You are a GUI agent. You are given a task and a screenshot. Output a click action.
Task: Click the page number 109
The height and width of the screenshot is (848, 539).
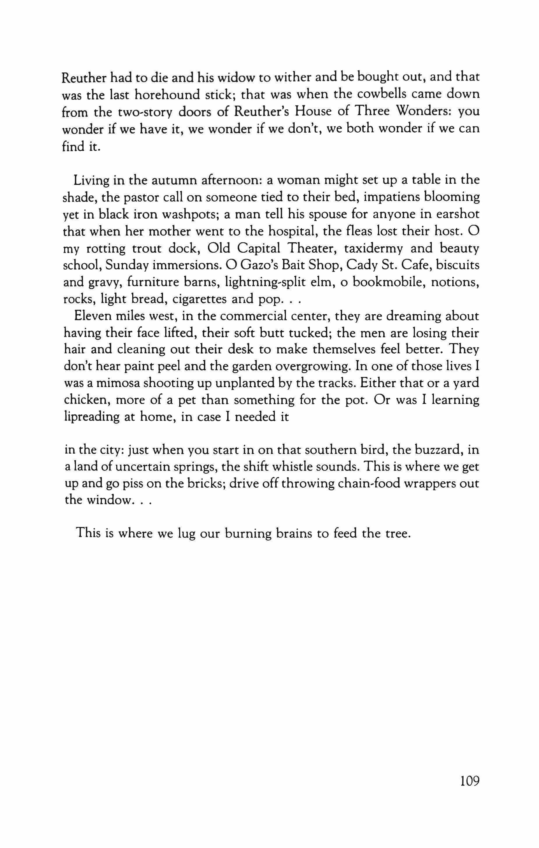(x=470, y=781)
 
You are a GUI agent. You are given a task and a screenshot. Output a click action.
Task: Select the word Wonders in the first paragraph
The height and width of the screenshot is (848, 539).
(x=420, y=112)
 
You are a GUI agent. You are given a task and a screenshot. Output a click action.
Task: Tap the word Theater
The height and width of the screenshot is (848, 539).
(x=311, y=248)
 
